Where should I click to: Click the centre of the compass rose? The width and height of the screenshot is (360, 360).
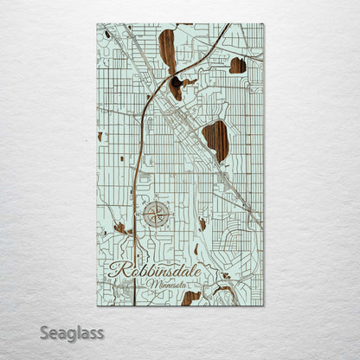coord(156,213)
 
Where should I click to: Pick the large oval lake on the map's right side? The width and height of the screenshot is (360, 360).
coord(215,140)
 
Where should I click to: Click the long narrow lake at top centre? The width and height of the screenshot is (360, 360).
coord(167,51)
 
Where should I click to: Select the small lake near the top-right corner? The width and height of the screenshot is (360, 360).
coord(238,65)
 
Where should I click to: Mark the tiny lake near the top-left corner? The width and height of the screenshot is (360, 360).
coord(107,35)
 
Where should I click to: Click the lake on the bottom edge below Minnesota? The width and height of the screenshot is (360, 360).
coord(191,298)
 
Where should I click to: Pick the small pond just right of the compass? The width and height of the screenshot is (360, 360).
coord(202,223)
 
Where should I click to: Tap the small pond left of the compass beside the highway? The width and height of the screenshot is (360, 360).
coord(120,228)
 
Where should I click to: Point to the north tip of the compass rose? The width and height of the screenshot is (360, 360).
coord(156,201)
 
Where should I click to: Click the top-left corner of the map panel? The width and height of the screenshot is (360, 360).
coord(97,24)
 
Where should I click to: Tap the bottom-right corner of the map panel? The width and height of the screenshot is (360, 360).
coord(263,305)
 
